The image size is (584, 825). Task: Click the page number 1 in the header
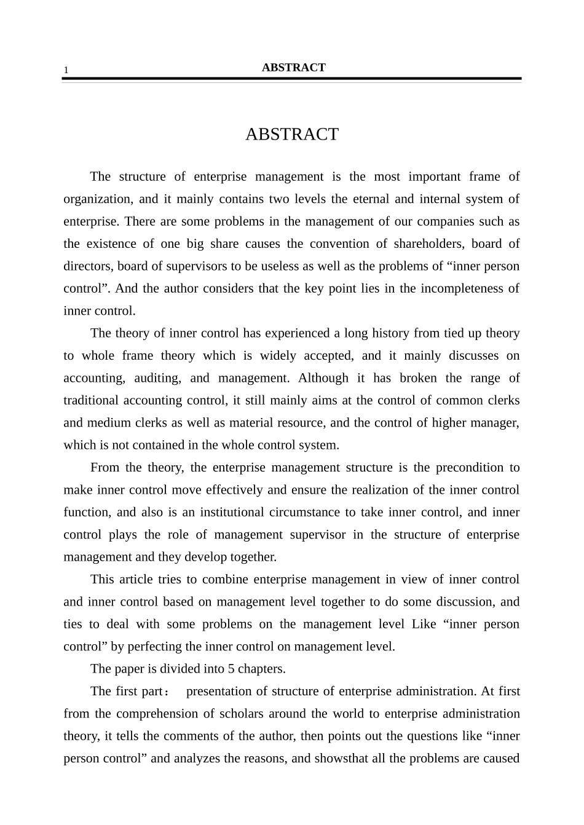66,70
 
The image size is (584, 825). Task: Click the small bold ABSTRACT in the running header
293,68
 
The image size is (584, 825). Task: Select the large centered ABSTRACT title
292,134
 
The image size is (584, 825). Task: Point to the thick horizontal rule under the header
291,79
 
